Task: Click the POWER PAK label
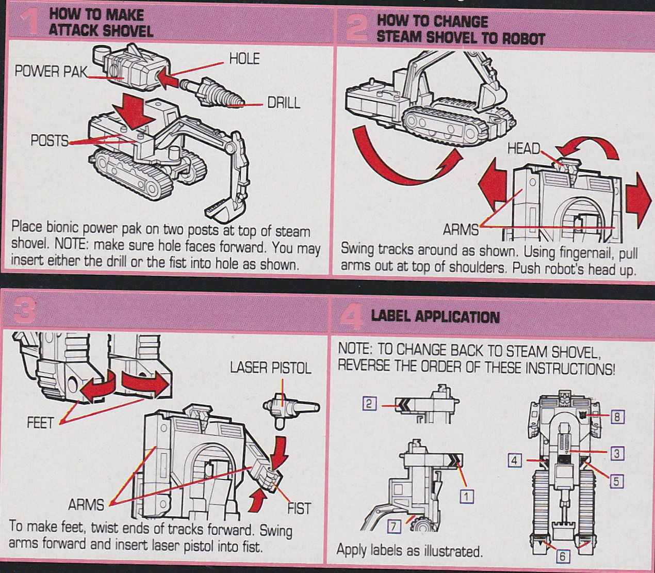[x=51, y=71]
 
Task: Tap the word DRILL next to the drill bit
[x=283, y=103]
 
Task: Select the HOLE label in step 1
[x=244, y=59]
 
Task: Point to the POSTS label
[x=49, y=140]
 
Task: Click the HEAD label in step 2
[x=523, y=149]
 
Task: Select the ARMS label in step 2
[x=461, y=229]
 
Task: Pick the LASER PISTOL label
[x=270, y=368]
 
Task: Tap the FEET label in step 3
[x=40, y=423]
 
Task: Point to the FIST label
[x=299, y=508]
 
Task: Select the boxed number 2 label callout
[x=368, y=404]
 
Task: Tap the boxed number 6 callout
[x=562, y=556]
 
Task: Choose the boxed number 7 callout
[x=394, y=526]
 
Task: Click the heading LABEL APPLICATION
[x=435, y=316]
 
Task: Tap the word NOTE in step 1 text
[x=72, y=243]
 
